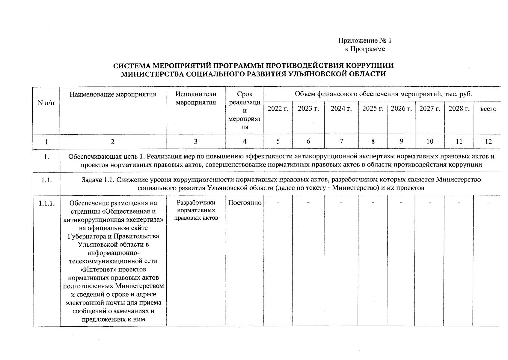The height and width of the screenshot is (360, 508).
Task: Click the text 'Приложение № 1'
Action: (365, 40)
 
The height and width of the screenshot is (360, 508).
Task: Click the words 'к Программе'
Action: (365, 49)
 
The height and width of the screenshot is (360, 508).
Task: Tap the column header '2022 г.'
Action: (278, 109)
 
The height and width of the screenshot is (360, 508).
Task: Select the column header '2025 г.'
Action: (373, 109)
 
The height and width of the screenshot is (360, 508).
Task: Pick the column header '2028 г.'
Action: (459, 109)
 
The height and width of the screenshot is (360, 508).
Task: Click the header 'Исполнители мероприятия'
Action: (196, 98)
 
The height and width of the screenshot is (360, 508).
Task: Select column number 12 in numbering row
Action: (488, 142)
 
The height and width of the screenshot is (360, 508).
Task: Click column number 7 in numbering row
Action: (341, 142)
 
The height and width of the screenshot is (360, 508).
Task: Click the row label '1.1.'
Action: (46, 180)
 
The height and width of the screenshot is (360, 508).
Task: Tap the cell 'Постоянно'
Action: (245, 203)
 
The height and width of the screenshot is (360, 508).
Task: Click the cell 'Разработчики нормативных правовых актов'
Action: (196, 210)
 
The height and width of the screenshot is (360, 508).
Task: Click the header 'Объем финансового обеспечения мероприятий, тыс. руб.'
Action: (383, 94)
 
